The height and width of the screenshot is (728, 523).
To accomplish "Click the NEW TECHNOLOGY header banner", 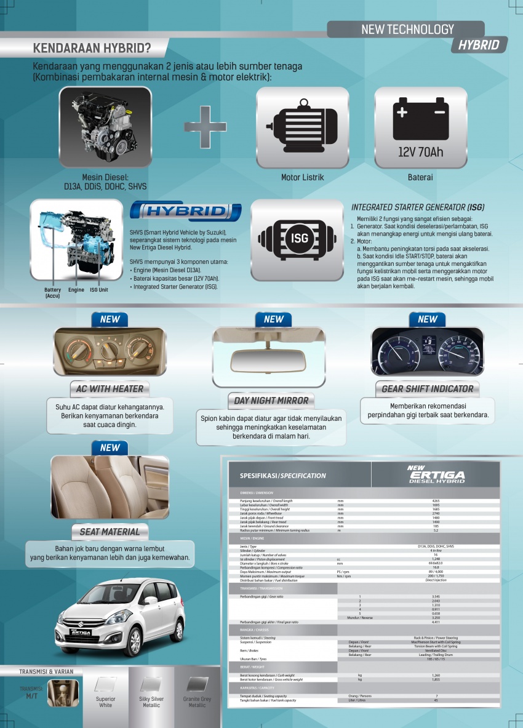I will coord(407,29).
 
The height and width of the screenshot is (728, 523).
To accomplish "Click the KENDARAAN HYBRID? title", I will coord(92,48).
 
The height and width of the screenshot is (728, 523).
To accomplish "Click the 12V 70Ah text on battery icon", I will coord(420,151).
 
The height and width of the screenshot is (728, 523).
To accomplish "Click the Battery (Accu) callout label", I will coord(53,292).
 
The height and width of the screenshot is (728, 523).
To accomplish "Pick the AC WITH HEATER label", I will coord(110,388).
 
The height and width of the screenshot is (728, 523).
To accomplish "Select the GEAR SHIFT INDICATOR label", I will coord(427,388).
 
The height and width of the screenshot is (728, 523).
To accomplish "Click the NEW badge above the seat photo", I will coord(110,447).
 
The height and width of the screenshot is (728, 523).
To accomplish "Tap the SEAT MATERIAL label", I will coord(110,531).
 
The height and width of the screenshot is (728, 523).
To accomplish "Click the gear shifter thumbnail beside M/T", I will coord(63,692).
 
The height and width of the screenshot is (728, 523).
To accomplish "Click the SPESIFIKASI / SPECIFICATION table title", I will coord(283,476).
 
